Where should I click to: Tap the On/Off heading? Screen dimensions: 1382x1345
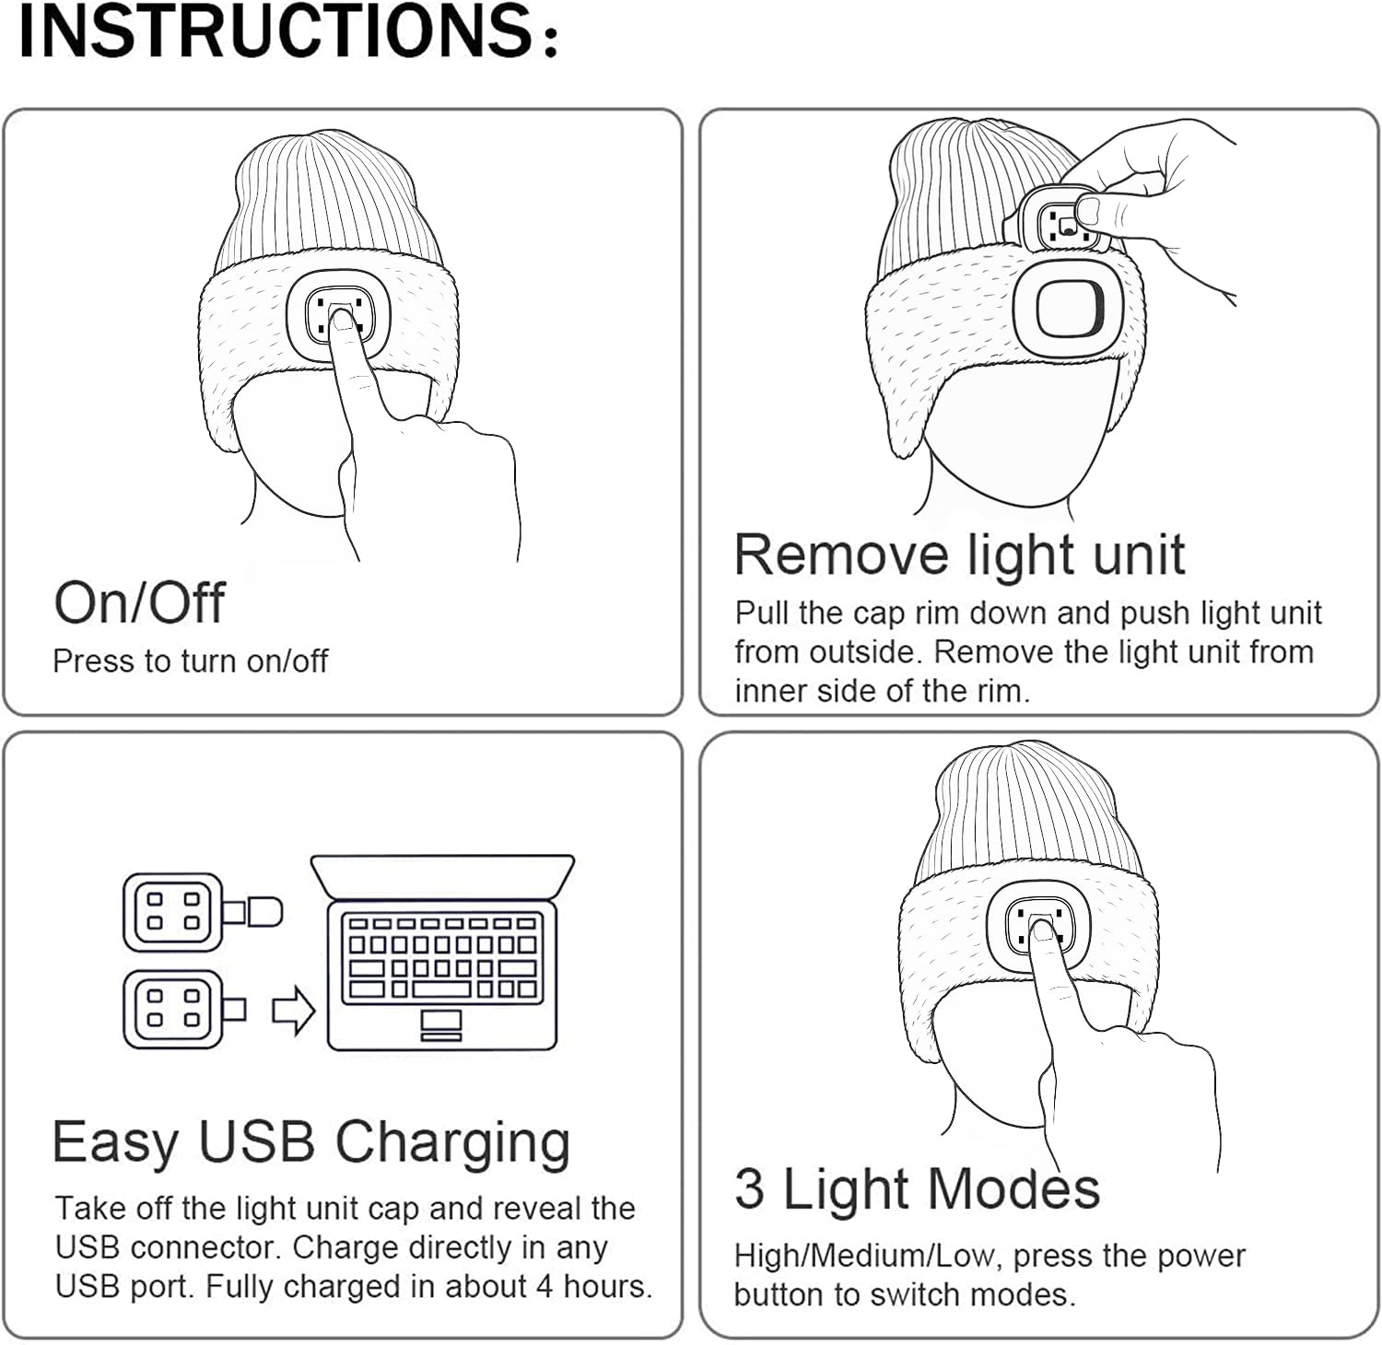pos(139,602)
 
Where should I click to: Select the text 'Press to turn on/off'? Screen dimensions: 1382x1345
pos(190,661)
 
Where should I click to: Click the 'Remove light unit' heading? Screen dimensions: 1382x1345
pos(959,555)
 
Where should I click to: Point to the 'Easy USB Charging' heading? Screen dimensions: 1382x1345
pos(311,1142)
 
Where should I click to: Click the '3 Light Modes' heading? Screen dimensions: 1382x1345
pos(917,1187)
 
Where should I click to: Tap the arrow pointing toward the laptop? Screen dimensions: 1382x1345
pos(294,1011)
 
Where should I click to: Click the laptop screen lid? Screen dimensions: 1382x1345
pos(442,876)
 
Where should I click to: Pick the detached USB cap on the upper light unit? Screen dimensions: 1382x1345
pos(262,911)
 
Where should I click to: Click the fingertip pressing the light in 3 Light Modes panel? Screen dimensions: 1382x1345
pos(1043,931)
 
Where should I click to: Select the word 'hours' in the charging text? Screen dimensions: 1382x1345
pos(607,1285)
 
